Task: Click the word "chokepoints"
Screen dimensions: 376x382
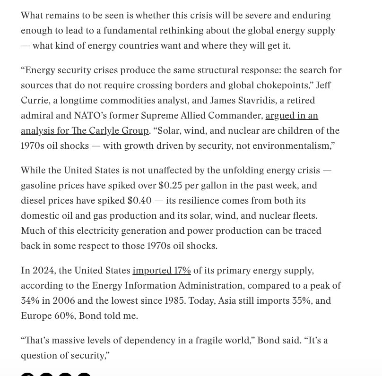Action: (x=281, y=85)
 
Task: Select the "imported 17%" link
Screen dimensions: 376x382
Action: (x=162, y=271)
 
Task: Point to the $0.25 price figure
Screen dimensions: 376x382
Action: (x=170, y=186)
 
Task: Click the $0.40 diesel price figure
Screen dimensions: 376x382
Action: (x=139, y=201)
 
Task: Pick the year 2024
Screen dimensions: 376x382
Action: (x=43, y=271)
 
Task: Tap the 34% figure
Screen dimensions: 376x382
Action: (x=30, y=301)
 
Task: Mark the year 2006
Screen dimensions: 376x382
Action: (x=64, y=301)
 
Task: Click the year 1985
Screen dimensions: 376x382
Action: (x=174, y=301)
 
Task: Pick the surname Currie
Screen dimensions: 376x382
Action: (x=35, y=101)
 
